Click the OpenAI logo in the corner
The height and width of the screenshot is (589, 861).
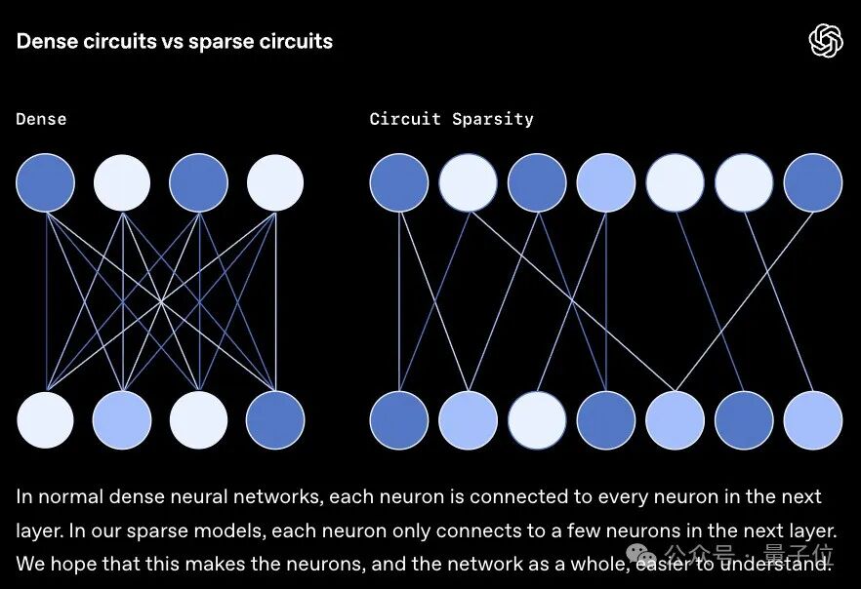pos(825,41)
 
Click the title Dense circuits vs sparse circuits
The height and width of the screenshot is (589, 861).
pos(174,42)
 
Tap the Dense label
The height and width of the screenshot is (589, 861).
pos(41,119)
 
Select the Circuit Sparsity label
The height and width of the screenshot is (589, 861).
pos(451,119)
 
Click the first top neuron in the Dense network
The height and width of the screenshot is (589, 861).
pos(45,182)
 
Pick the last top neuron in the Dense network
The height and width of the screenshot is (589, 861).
pos(275,182)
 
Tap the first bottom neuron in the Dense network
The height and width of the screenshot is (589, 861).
pos(45,420)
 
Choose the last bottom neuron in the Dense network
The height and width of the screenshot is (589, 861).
pos(275,420)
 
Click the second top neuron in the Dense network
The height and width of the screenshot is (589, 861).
pos(122,182)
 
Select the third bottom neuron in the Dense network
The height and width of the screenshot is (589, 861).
pos(198,420)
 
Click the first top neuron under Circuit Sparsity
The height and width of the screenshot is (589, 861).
pos(399,182)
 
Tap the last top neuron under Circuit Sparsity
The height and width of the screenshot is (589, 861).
pos(813,182)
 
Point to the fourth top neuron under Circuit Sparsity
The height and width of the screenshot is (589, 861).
pos(606,182)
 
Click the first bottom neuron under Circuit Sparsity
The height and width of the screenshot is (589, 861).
pos(399,420)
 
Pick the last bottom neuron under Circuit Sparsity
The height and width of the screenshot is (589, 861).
pos(813,420)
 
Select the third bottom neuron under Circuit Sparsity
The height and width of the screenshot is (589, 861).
pos(537,420)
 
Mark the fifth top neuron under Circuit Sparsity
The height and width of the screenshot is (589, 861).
pos(675,182)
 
